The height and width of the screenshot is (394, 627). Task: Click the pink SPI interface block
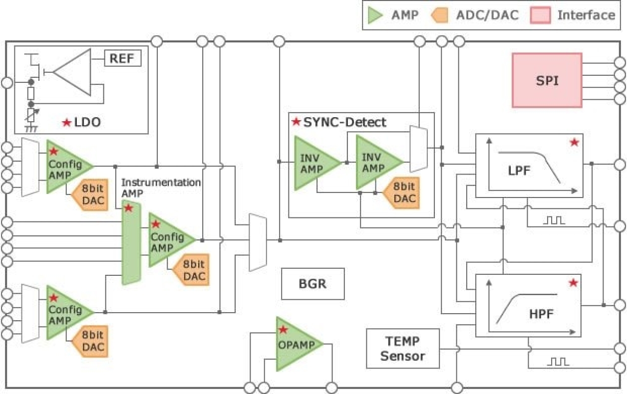(547, 80)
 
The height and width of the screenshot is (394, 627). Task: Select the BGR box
(313, 284)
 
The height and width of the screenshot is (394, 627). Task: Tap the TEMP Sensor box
(402, 349)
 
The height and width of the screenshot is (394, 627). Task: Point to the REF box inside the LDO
(122, 59)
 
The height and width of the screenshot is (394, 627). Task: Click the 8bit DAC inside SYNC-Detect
(402, 193)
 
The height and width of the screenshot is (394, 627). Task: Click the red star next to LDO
(66, 122)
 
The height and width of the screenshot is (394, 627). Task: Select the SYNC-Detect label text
(344, 122)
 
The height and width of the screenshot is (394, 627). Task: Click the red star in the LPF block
(574, 143)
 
